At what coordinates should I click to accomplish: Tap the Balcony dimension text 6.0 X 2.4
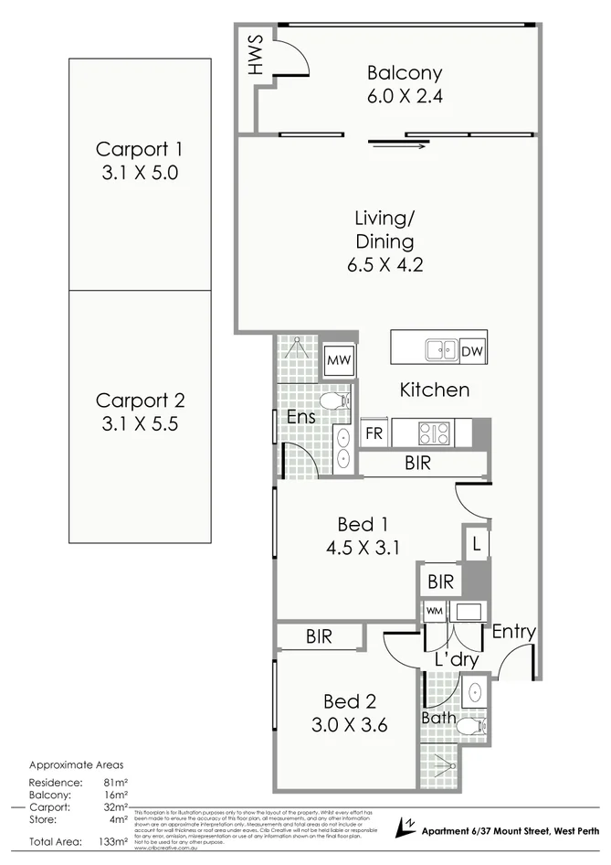405,96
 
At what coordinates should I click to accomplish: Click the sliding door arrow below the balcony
398,144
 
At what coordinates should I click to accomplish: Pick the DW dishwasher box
471,351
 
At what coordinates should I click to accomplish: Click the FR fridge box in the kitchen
374,433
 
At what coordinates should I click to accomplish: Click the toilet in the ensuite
336,400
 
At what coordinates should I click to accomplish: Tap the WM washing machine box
433,610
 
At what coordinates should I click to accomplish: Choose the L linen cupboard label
477,544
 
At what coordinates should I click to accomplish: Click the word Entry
513,632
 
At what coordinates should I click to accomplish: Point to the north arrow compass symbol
404,828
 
